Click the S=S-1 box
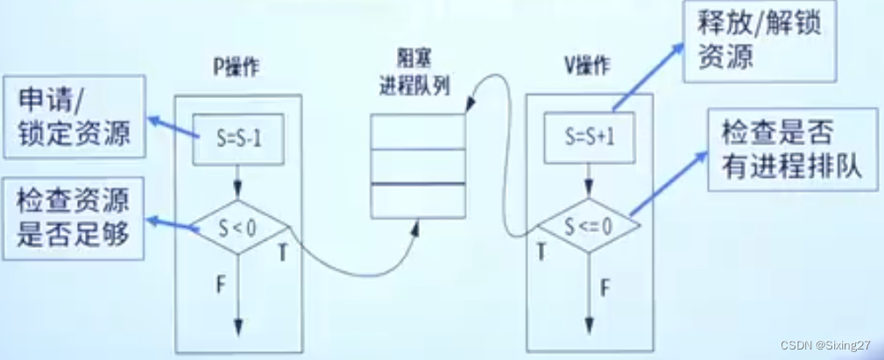pos(238,139)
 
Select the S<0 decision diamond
pos(238,229)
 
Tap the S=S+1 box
pos(590,138)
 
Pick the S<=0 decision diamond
pos(589,226)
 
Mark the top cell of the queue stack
pos(417,133)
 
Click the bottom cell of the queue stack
pos(417,200)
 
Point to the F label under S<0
pos(222,285)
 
